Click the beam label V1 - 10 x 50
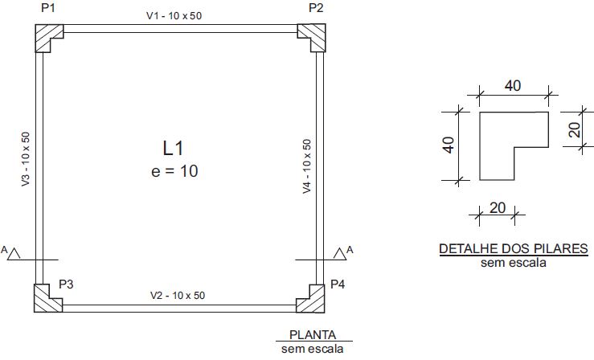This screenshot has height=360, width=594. (x=174, y=16)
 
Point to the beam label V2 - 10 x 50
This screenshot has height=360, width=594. (x=178, y=295)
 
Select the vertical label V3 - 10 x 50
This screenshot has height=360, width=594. (x=26, y=159)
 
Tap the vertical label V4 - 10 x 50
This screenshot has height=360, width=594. (x=307, y=166)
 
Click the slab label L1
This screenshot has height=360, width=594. (x=173, y=148)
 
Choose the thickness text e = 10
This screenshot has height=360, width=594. (x=174, y=171)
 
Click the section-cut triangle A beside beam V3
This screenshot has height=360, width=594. (x=14, y=254)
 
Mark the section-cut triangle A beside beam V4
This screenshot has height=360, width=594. (x=340, y=254)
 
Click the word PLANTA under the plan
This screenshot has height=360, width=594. (x=313, y=335)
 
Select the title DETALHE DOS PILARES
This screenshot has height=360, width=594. (x=514, y=249)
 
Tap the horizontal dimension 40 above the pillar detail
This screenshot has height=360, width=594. (x=513, y=86)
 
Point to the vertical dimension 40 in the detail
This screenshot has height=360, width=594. (x=449, y=145)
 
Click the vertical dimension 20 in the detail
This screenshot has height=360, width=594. (x=575, y=129)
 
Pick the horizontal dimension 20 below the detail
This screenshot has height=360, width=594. (x=498, y=208)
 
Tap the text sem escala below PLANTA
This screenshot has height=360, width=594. (x=312, y=349)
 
